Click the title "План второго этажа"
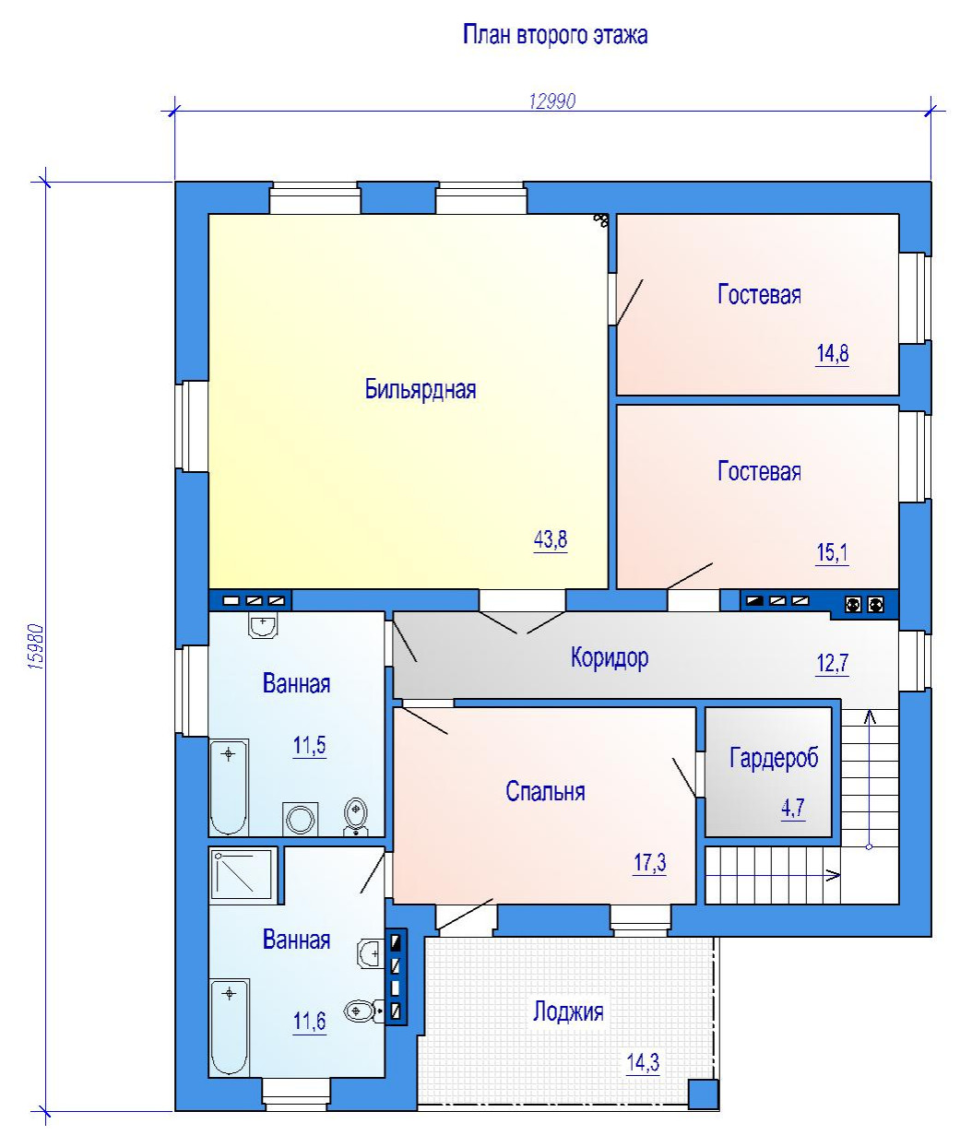coord(555,35)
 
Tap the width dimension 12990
coord(552,101)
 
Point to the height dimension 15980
coord(35,647)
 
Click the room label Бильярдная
coord(421,389)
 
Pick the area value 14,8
coord(832,353)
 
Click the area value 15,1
coord(832,552)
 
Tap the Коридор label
coord(609,657)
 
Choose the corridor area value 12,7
coord(832,663)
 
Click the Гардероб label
coord(774,758)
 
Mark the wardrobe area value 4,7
coord(793,808)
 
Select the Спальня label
coord(545,791)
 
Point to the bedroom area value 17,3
coord(649,863)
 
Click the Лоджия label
coord(568,1011)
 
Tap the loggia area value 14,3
coord(643,1063)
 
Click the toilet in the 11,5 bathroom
coord(356,816)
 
